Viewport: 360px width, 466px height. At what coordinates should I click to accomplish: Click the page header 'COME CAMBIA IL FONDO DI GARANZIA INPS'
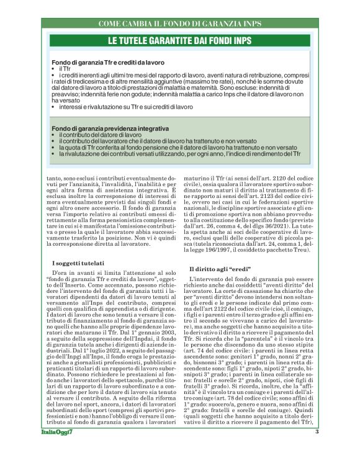(x=179, y=24)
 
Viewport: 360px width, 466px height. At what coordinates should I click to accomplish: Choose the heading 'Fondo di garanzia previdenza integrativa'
(x=110, y=128)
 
